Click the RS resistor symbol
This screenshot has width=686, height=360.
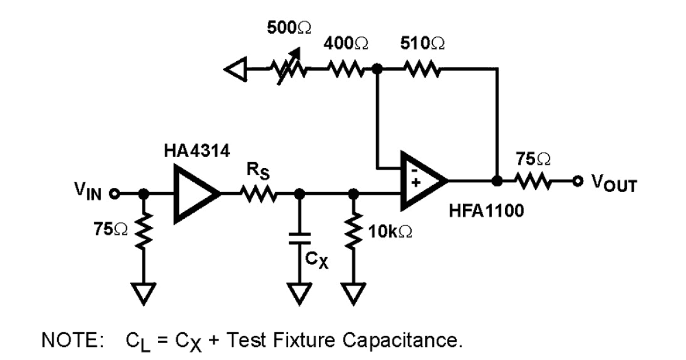point(261,194)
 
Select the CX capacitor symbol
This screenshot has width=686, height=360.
point(297,239)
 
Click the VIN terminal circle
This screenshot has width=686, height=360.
point(114,194)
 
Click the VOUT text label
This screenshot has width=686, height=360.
point(612,184)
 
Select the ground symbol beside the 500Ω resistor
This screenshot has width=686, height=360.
point(235,70)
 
